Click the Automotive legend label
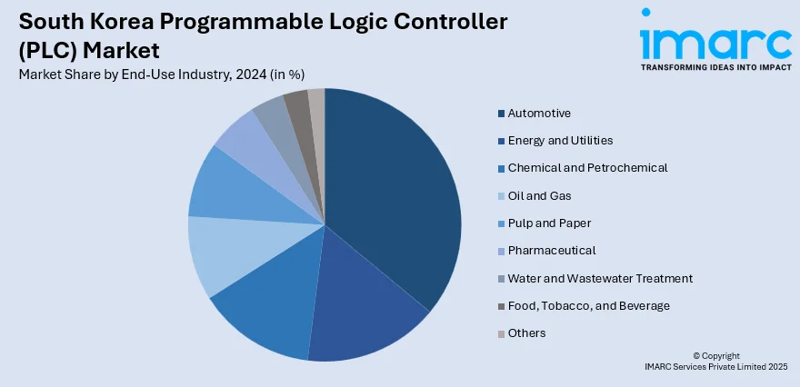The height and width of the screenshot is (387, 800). click(x=539, y=113)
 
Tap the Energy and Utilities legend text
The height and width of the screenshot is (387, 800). click(x=560, y=140)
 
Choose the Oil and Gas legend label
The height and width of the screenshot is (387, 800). click(x=540, y=195)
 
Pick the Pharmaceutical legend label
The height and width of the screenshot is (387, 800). click(x=552, y=250)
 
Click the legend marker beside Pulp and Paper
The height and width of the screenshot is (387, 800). click(x=501, y=223)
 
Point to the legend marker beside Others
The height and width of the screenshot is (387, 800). click(x=501, y=333)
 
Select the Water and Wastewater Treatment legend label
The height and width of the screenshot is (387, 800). click(x=600, y=278)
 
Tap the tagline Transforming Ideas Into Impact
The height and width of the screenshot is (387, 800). click(x=715, y=67)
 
